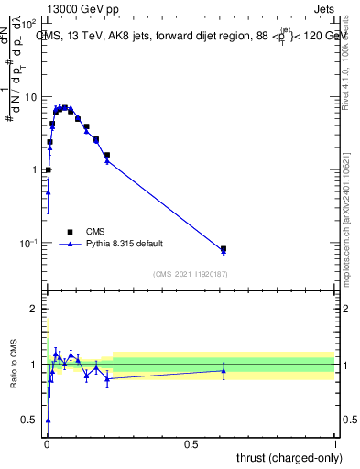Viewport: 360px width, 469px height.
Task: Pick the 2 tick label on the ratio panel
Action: click(x=34, y=309)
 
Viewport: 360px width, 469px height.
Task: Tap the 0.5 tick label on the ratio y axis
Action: click(x=29, y=420)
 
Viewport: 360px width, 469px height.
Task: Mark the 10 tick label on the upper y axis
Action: click(x=30, y=97)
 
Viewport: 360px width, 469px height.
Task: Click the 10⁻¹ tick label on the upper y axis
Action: click(x=28, y=243)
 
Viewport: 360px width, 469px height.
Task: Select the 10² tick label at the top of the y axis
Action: click(x=28, y=24)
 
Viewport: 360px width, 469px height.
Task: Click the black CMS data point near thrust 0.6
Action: click(x=224, y=248)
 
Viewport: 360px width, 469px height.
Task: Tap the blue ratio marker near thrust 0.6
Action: click(x=224, y=370)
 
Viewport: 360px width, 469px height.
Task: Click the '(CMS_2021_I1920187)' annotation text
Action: click(x=190, y=274)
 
